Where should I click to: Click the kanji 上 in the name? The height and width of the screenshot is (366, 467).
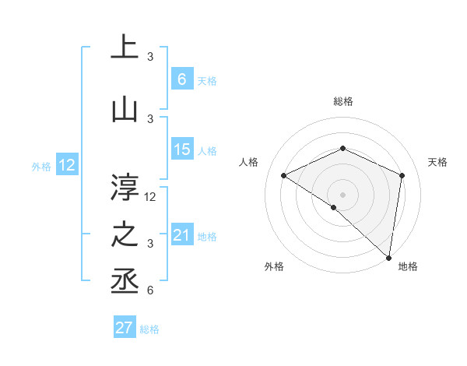point(125,47)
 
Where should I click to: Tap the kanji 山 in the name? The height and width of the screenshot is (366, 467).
point(125,111)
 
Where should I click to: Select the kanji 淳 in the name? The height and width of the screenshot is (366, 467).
point(125,187)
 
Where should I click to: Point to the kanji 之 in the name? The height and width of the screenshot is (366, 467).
point(125,235)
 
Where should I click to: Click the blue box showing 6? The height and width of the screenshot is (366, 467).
point(182,79)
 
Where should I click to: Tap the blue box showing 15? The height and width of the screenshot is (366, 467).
point(182,150)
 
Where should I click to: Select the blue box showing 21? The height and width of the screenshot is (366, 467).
point(182,235)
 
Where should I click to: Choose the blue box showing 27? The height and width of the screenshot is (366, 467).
point(125,328)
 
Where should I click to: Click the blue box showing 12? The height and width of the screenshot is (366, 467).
point(67,165)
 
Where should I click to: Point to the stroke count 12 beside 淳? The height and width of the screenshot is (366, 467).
point(151,197)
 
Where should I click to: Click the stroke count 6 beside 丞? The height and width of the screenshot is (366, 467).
point(150,291)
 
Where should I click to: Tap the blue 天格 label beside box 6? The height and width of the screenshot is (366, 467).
point(207,80)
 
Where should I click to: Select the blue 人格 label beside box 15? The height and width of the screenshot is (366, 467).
point(207,150)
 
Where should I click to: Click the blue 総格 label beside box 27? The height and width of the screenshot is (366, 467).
point(149,329)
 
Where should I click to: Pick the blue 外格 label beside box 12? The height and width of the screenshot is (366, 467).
point(41,166)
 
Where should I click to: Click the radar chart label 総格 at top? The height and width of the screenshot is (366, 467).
point(342,101)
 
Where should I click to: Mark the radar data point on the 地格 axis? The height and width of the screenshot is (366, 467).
point(389,257)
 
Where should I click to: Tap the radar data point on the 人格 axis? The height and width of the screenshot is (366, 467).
point(284,175)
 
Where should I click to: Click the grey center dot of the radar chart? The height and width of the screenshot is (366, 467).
point(342,193)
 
